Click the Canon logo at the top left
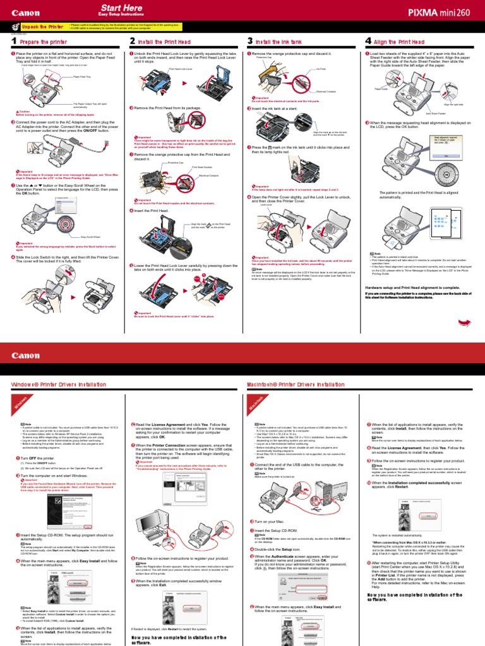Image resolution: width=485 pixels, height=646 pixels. pos(25,12)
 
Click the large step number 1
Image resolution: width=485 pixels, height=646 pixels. pos(14,42)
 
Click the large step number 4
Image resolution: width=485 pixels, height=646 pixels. pos(368,42)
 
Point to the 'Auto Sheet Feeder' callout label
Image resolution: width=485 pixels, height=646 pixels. pos(436,114)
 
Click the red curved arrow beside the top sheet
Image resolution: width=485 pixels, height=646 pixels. pos(464,322)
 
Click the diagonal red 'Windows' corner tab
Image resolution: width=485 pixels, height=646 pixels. pos(19,402)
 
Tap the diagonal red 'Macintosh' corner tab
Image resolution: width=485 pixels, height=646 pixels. pos(255,402)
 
